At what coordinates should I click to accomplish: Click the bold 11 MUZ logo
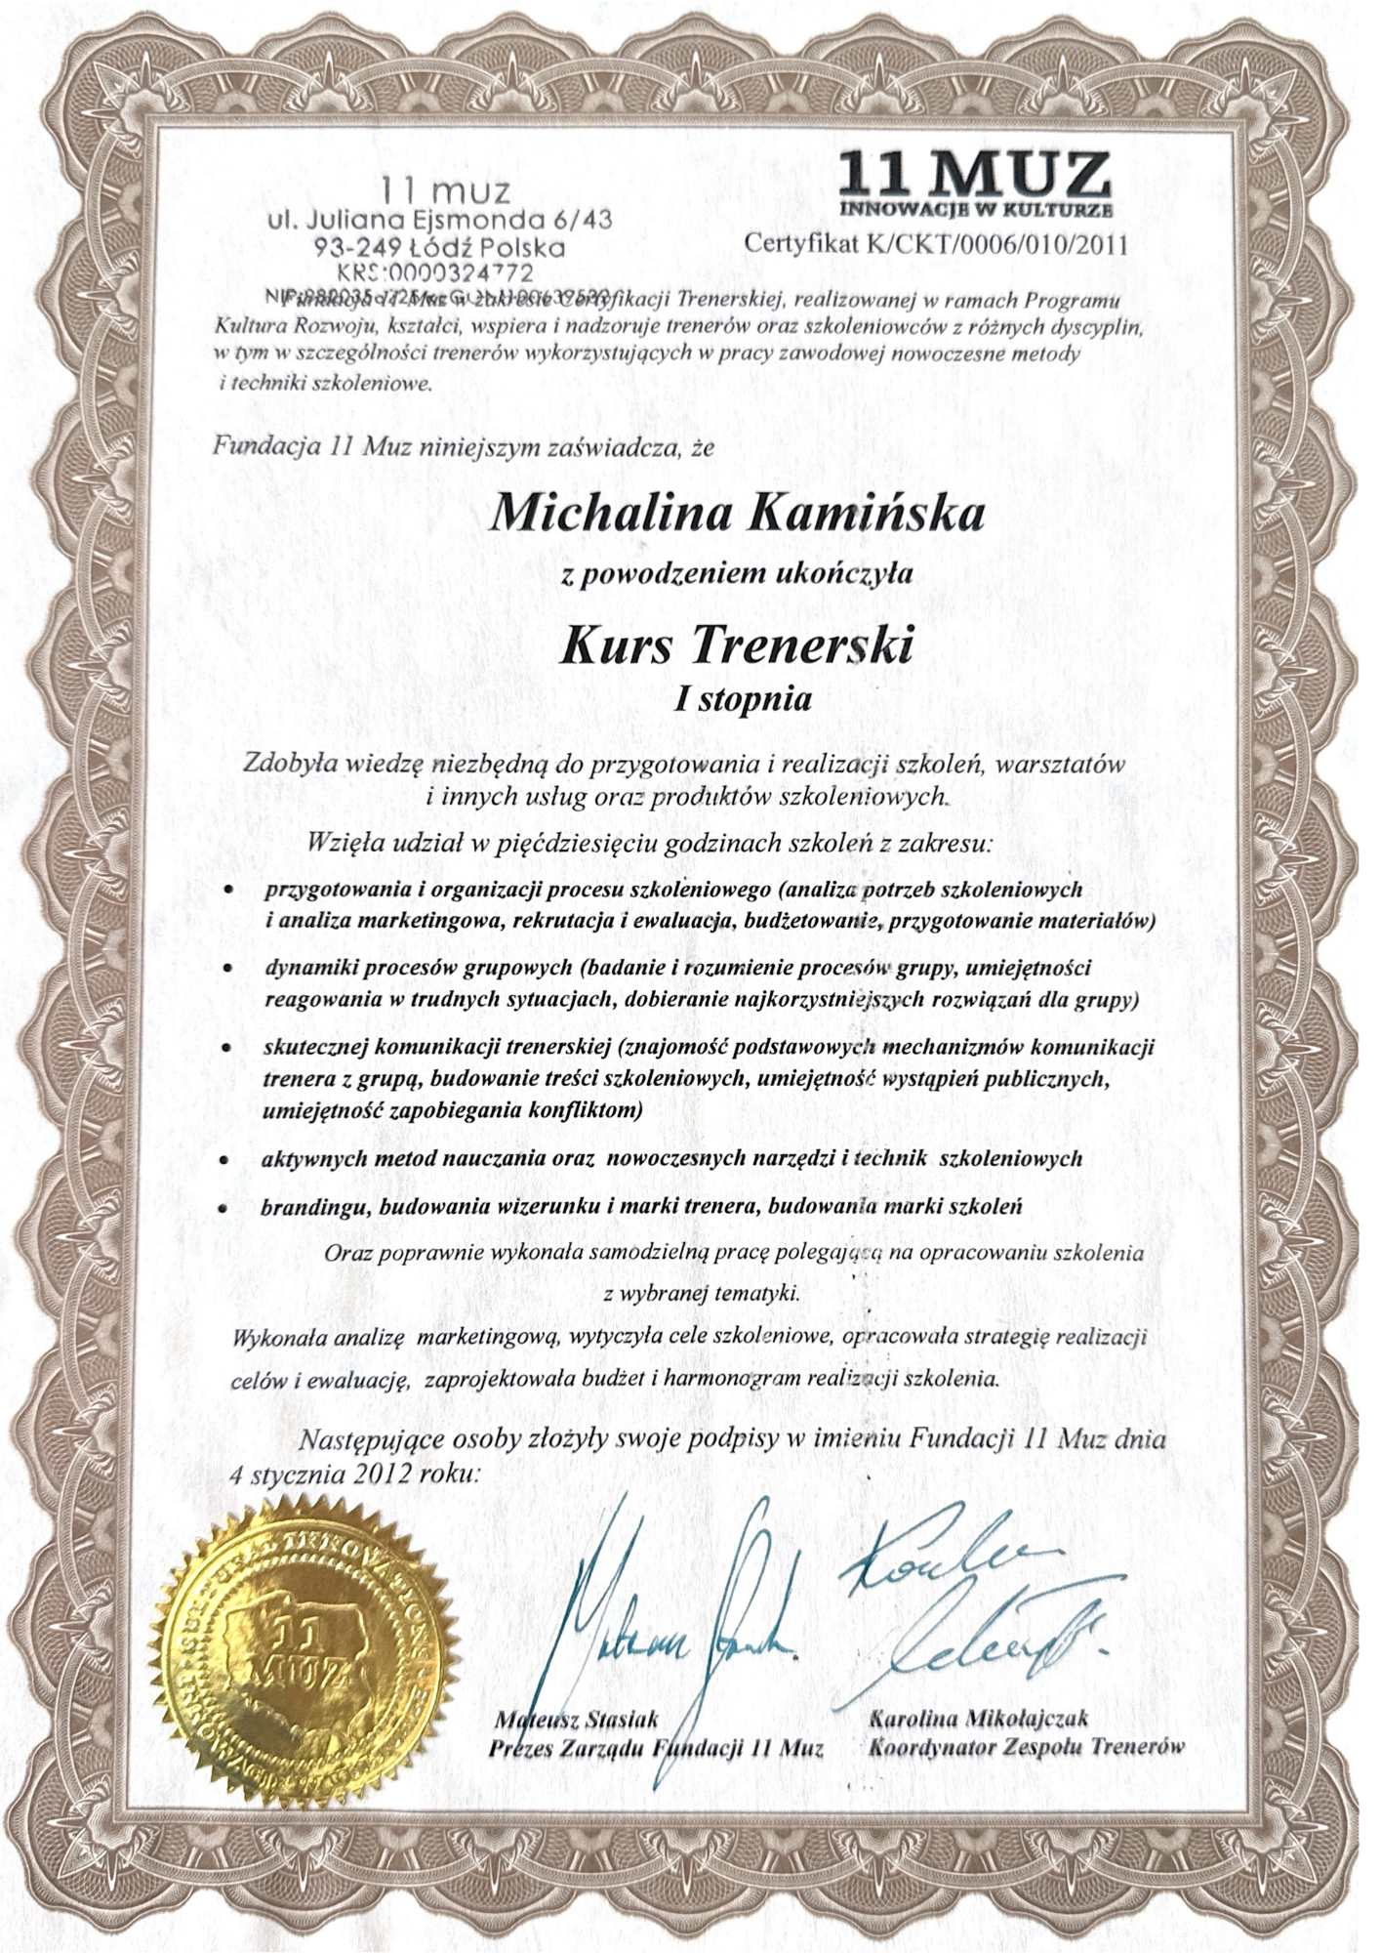click(x=974, y=176)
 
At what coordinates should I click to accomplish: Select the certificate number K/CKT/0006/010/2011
click(x=993, y=244)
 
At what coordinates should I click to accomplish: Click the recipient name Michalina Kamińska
click(x=739, y=512)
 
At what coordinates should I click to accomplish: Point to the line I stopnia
click(x=744, y=699)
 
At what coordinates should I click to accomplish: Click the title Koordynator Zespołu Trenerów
click(x=1026, y=1746)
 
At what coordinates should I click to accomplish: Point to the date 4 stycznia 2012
click(x=322, y=1475)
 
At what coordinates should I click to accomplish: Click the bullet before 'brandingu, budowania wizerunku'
click(x=223, y=1209)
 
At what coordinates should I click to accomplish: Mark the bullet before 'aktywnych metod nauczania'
click(x=225, y=1162)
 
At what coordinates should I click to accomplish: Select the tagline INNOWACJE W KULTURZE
click(x=974, y=210)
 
